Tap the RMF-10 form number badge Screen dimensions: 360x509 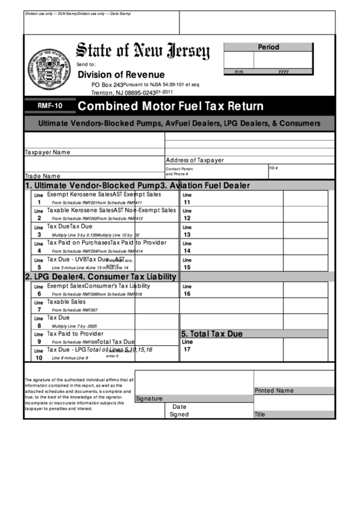(49, 106)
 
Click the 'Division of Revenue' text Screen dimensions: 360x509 (121, 74)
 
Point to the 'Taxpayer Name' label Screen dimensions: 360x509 (48, 152)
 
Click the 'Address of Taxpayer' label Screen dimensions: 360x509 (194, 160)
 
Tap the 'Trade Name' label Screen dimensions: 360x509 (42, 175)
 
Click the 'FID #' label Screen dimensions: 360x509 (274, 167)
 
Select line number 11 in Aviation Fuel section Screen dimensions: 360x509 (187, 202)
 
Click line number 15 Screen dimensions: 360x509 (187, 267)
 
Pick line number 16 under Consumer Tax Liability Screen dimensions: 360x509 (187, 294)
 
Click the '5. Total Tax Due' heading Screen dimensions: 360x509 (211, 334)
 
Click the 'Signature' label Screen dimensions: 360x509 (149, 399)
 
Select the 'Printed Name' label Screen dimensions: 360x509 (274, 391)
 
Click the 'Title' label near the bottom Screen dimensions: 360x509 (259, 414)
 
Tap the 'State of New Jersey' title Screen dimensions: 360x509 (143, 51)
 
